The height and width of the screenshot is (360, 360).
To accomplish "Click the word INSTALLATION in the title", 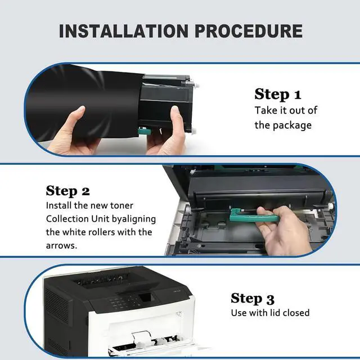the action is click(124, 31).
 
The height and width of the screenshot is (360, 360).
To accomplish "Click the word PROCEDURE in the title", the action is click(249, 31).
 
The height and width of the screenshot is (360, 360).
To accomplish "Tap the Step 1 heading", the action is click(277, 94).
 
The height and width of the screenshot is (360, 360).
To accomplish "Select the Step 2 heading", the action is click(67, 191).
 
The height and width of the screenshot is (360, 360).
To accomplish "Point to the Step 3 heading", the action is click(253, 299).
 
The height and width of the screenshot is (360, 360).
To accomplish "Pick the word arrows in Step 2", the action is click(61, 246).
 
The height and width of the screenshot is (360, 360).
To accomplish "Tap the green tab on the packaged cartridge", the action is click(145, 132).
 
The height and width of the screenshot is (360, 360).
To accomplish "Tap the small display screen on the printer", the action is click(145, 298).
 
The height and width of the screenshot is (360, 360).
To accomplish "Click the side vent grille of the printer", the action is click(57, 305).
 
